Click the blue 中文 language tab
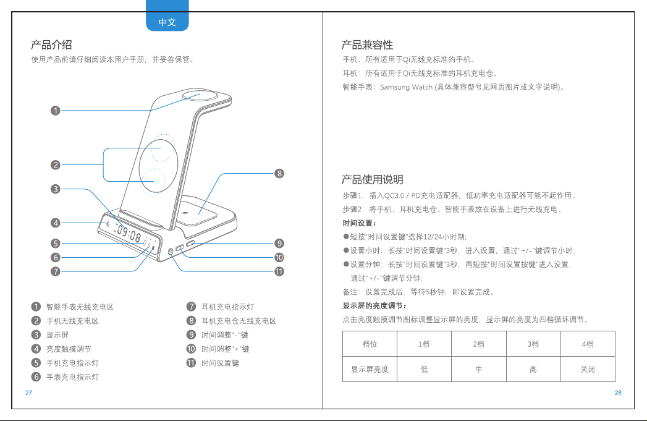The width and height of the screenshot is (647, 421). (167, 17)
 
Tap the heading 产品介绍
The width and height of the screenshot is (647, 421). (51, 45)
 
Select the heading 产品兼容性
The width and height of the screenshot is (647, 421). (367, 45)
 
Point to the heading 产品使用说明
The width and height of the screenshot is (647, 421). (372, 179)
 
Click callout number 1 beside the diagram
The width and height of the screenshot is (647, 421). (55, 111)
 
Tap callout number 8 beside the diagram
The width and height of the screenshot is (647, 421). (279, 173)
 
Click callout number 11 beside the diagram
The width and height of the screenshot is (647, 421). (279, 271)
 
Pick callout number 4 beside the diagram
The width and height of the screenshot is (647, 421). (55, 223)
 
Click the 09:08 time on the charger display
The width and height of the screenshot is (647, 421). (129, 234)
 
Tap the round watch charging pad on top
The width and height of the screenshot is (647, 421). (200, 96)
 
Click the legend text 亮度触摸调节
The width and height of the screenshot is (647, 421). (69, 349)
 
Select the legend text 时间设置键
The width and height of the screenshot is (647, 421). (221, 364)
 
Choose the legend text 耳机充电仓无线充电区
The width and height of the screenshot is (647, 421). (239, 321)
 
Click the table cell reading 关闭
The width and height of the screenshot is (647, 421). (588, 370)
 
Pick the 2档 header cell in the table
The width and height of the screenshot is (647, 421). (479, 344)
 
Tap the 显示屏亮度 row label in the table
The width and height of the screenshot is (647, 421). (370, 370)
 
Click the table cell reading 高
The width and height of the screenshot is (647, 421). (533, 370)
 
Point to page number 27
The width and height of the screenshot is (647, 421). (29, 393)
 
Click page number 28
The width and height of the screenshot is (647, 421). (618, 393)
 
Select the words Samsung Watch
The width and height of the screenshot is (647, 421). (406, 87)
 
